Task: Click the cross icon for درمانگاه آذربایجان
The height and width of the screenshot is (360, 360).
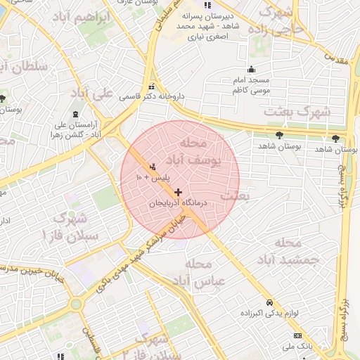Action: [179, 192]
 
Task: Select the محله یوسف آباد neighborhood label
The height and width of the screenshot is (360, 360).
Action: [196, 152]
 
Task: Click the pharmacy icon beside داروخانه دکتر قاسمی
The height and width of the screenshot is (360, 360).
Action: [153, 87]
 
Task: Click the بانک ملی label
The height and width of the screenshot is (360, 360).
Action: [297, 347]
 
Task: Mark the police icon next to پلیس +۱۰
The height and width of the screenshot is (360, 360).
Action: [153, 167]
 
